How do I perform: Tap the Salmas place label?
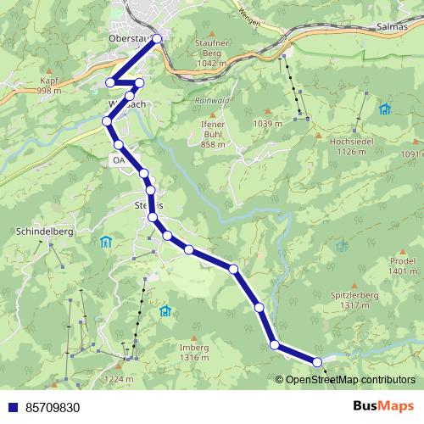(401, 28)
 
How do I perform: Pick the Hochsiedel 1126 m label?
(345, 147)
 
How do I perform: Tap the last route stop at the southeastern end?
(318, 362)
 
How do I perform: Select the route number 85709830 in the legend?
(53, 407)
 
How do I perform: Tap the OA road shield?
(118, 159)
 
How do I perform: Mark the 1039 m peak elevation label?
(267, 124)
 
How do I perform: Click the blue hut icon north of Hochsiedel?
(385, 109)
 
